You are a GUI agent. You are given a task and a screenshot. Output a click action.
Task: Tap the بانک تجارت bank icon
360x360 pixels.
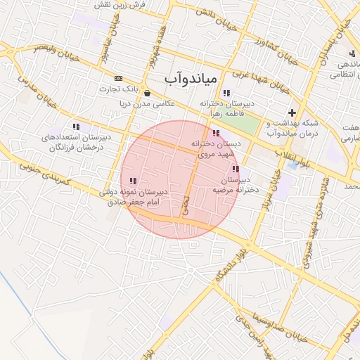point(118,78)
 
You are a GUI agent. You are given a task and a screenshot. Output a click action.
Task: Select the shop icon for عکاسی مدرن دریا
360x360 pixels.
point(146,92)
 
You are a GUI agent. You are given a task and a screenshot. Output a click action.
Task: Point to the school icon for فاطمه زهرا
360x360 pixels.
point(226,93)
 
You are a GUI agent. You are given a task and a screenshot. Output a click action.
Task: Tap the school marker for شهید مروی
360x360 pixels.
point(216,133)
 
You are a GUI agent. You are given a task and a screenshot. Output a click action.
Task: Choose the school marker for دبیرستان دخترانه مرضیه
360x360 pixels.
point(236,169)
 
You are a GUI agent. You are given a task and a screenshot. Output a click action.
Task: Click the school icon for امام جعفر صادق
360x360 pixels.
point(134,181)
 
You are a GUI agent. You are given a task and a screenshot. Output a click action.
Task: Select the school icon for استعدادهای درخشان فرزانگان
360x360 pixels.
point(75,127)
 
